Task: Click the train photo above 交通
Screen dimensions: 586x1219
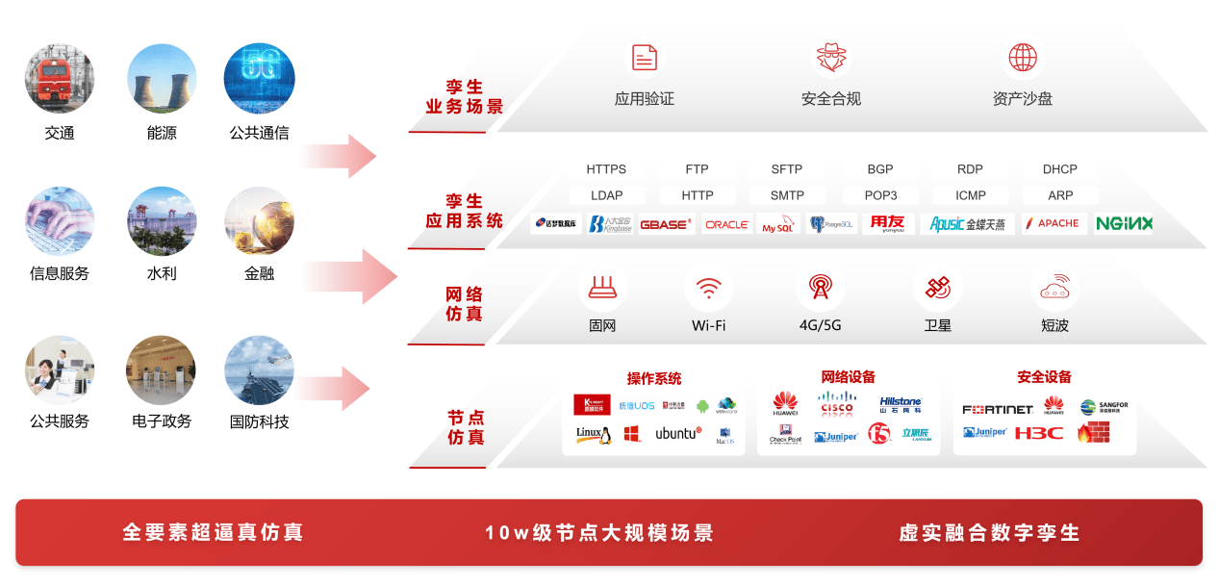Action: pyautogui.click(x=60, y=79)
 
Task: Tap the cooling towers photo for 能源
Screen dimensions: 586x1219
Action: pyautogui.click(x=162, y=79)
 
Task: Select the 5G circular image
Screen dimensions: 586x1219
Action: pyautogui.click(x=259, y=79)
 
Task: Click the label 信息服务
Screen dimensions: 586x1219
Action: pyautogui.click(x=60, y=274)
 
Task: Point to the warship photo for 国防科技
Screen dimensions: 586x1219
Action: pyautogui.click(x=259, y=370)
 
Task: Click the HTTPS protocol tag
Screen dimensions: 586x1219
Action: pyautogui.click(x=606, y=169)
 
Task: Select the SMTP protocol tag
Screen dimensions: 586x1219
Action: pyautogui.click(x=787, y=195)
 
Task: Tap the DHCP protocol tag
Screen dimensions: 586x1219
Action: pyautogui.click(x=1059, y=169)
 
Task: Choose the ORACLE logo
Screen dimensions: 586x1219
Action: pyautogui.click(x=726, y=224)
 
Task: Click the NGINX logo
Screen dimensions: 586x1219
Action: pyautogui.click(x=1124, y=223)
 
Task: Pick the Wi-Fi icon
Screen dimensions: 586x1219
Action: pyautogui.click(x=709, y=288)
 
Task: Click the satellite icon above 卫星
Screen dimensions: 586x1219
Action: pyautogui.click(x=937, y=287)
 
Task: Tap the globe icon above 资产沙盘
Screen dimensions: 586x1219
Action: pyautogui.click(x=1022, y=58)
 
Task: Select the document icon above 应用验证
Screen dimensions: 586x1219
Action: pyautogui.click(x=645, y=58)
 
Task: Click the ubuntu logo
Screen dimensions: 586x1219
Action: pyautogui.click(x=678, y=434)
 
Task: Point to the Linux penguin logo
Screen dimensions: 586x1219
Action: pyautogui.click(x=594, y=435)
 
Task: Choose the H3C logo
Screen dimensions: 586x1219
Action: pyautogui.click(x=1038, y=433)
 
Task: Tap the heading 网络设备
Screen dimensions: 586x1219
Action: pyautogui.click(x=849, y=377)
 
